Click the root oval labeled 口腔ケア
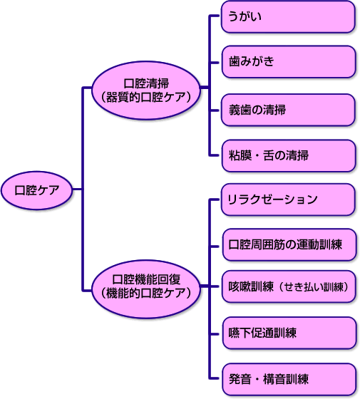[37, 190]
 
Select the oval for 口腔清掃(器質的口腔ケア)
[146, 90]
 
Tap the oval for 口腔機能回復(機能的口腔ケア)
[146, 289]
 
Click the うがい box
[288, 17]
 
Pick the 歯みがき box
[288, 61]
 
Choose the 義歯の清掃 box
[288, 110]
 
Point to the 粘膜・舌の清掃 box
[288, 155]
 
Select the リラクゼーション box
[288, 199]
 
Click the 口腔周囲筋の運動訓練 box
[289, 245]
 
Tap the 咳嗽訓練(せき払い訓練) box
[289, 286]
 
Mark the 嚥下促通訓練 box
[289, 333]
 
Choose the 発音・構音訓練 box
[289, 379]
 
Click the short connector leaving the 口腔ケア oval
[78, 189]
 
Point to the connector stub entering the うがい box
[215, 16]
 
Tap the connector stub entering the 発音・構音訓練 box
[215, 378]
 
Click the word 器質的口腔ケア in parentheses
[146, 97]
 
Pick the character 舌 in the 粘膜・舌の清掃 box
[269, 155]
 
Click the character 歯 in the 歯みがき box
[235, 61]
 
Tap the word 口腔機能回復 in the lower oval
[146, 279]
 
